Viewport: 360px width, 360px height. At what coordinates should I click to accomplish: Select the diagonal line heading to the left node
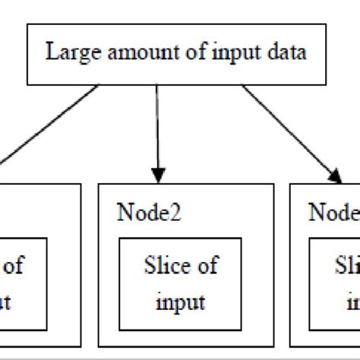(x=46, y=129)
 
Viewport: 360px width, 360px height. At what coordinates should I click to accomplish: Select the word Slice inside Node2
(x=163, y=266)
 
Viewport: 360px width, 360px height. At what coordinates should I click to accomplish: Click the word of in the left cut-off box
(x=14, y=266)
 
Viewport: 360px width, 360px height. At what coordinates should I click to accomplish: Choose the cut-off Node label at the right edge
(x=333, y=210)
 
